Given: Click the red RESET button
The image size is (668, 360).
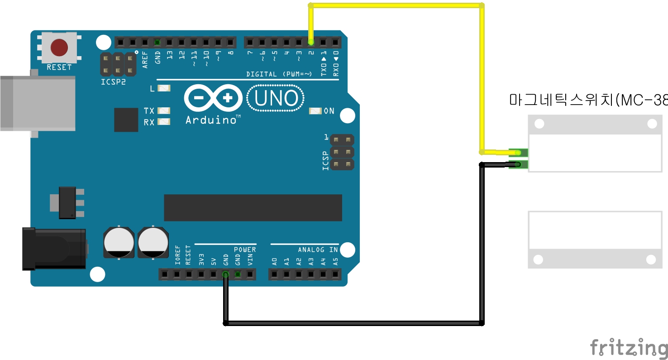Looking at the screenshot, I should (59, 47).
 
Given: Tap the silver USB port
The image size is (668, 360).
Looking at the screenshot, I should (36, 103).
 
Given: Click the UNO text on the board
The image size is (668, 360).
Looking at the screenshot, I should (276, 98).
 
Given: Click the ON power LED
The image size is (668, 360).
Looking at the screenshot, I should (315, 111).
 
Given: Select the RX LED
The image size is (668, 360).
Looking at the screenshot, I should (164, 121).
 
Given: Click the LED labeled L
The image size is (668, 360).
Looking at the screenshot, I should (164, 88).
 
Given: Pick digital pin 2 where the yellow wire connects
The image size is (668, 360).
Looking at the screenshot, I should (311, 43).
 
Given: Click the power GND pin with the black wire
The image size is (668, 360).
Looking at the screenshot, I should (225, 274).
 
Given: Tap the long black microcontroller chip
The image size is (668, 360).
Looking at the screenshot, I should (253, 208).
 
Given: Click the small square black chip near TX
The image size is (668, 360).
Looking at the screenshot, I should (126, 120).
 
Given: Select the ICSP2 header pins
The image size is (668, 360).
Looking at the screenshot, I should (118, 64).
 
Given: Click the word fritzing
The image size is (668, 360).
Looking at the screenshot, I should (629, 348).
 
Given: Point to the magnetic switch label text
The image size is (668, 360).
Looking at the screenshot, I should (588, 100).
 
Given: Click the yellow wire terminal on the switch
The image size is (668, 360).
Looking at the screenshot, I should (518, 153).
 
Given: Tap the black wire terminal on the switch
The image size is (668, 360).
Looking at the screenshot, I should (518, 164).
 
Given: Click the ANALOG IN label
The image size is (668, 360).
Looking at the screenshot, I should (318, 250).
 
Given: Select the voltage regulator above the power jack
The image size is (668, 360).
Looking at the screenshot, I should (68, 203).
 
